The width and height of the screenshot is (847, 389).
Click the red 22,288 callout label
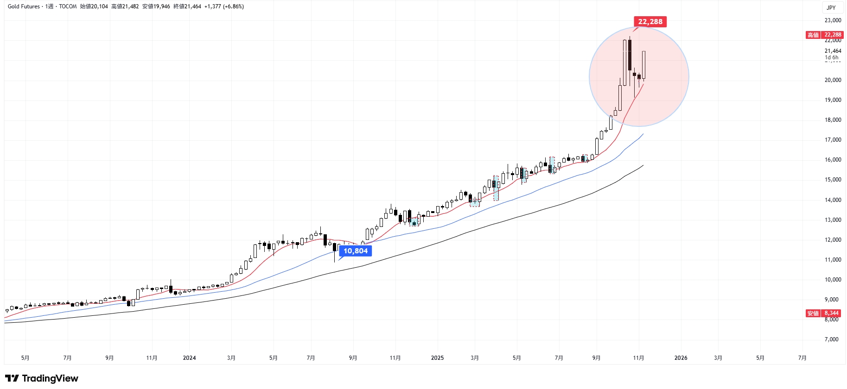[x=650, y=22]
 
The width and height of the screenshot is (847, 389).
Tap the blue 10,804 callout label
[x=355, y=251]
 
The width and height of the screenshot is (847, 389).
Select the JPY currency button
[x=831, y=7]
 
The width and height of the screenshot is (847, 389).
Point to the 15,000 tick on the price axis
[x=833, y=180]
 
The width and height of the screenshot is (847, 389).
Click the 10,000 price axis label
[x=833, y=280]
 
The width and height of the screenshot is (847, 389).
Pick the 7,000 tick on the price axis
[x=832, y=339]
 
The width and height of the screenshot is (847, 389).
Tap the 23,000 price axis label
[x=833, y=20]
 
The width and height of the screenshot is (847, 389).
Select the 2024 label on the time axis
[x=189, y=358]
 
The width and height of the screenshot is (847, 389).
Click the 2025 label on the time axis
[x=437, y=358]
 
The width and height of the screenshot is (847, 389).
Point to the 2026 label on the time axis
[x=681, y=358]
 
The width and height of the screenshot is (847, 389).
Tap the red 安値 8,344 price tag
[x=823, y=314]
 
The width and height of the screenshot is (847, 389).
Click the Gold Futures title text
[x=24, y=6]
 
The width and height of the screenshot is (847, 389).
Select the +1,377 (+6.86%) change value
[x=224, y=6]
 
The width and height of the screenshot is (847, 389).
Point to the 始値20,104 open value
[x=94, y=6]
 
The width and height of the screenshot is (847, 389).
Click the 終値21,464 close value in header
[x=187, y=6]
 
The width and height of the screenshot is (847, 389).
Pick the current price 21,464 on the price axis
[x=833, y=51]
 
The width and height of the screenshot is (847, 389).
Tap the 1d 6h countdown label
[x=831, y=57]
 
